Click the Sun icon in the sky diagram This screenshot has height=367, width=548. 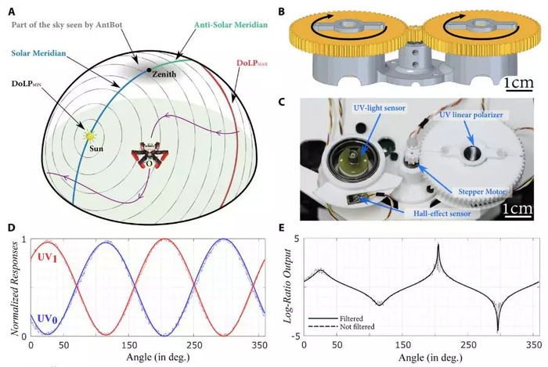tap(89, 135)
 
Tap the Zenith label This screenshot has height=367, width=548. tap(164, 74)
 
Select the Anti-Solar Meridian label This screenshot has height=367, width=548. tap(231, 25)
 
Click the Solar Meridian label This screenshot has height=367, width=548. tap(38, 53)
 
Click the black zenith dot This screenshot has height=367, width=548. tap(150, 70)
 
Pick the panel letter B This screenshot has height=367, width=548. tap(281, 12)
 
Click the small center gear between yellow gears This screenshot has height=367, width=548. tap(415, 33)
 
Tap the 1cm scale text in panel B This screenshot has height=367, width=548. tap(519, 83)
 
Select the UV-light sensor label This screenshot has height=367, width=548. tap(379, 108)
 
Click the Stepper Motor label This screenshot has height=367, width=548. tap(481, 192)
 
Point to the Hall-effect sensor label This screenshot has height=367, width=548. tap(442, 214)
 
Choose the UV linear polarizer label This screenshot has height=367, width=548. tap(471, 114)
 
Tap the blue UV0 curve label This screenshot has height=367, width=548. tap(48, 318)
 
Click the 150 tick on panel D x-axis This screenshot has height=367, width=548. tap(129, 346)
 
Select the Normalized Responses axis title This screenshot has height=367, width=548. tap(15, 288)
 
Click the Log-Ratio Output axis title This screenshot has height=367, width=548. tap(288, 286)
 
